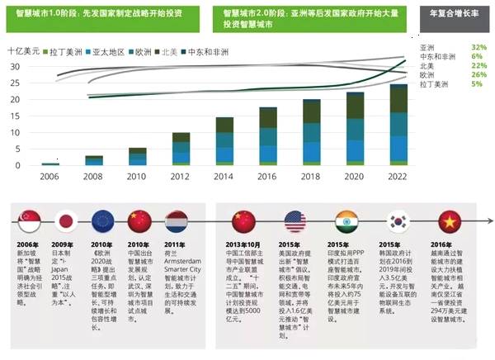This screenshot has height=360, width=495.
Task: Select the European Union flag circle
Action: pos(103,221)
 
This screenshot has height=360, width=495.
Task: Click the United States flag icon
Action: pos(295,221)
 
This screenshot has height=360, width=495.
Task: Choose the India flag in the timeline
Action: pos(346,221)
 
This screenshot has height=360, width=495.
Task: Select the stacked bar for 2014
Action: pos(224,141)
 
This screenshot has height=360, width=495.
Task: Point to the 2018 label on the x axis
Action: pos(311,176)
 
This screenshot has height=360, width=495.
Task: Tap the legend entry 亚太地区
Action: pos(110,51)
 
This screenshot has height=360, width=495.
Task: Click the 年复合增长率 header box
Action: pos(455,14)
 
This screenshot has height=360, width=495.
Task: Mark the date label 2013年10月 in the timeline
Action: pos(243,244)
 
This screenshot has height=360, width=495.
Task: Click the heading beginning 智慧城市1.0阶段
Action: pos(107,14)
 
